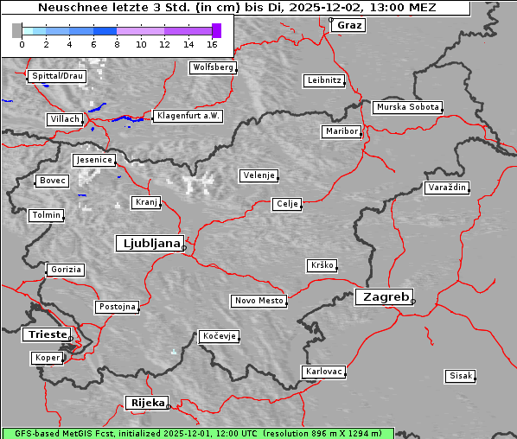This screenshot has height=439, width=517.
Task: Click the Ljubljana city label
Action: point(149,243)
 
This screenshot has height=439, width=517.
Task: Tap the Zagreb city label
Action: point(383,296)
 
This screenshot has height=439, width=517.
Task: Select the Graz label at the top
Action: point(349,25)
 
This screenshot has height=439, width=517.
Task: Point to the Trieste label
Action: point(46,334)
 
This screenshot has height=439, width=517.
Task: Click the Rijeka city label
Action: point(147,403)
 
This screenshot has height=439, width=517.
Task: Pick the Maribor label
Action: point(341,131)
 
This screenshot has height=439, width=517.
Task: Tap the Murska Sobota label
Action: point(407,108)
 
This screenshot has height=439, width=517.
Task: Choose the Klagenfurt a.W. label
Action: point(188,116)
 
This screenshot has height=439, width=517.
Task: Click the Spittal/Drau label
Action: point(56,76)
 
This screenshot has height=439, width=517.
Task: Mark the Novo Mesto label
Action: point(258,301)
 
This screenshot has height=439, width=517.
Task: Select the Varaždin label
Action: point(447,188)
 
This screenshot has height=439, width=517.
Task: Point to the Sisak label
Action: point(460,376)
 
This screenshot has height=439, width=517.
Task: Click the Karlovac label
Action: point(323,372)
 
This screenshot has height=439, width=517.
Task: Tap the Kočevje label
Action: point(218,335)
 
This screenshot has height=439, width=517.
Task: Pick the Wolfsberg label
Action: point(212,67)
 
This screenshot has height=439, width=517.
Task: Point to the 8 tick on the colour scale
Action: point(117,43)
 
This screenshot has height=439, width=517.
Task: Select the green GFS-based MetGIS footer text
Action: point(197,433)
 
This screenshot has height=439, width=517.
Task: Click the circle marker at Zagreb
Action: point(413,302)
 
